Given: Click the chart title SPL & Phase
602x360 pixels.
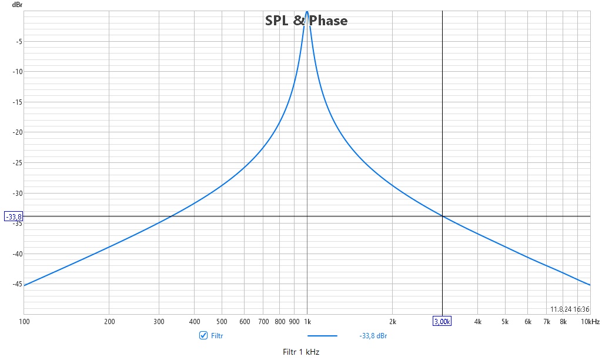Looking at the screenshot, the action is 306,21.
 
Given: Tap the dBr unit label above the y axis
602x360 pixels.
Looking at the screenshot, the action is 17,5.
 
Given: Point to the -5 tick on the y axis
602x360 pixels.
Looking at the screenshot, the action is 19,42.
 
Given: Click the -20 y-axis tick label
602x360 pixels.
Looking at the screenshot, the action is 18,132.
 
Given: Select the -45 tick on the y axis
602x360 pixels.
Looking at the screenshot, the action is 18,284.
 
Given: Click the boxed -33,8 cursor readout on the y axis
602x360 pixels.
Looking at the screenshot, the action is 14,216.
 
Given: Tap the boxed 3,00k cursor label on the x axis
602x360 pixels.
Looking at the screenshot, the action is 442,322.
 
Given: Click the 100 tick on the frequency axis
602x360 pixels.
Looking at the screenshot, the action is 24,322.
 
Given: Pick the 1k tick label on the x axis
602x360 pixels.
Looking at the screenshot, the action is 307,322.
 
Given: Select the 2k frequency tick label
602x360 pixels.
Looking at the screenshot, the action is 392,322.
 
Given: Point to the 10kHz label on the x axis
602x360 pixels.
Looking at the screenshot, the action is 590,322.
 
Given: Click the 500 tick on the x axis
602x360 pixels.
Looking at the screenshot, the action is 222,322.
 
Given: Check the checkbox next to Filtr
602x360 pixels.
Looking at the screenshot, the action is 203,335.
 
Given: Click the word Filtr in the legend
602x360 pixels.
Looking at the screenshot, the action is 217,336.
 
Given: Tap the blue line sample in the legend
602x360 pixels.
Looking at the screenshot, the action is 323,336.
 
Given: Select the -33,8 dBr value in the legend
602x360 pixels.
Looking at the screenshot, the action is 373,336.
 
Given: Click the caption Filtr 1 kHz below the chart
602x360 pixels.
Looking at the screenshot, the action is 301,352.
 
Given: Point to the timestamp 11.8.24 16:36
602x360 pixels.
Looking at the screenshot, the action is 570,309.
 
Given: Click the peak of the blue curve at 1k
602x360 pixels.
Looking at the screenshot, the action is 307,12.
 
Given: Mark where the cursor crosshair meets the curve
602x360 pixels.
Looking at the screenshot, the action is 442,216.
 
